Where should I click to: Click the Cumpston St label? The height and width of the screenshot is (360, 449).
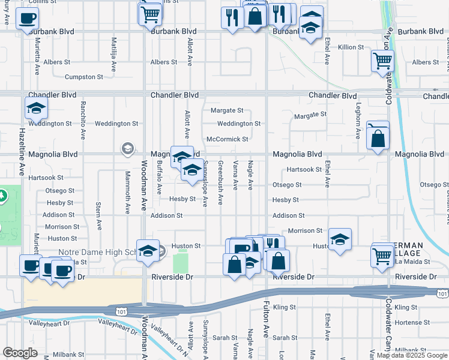[x=84, y=77]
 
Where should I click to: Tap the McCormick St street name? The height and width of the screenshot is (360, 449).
[x=227, y=139]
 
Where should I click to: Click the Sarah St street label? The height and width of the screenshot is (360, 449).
[x=221, y=338]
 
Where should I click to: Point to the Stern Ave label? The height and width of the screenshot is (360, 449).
[x=98, y=216]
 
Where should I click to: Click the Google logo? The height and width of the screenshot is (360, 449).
[x=20, y=353]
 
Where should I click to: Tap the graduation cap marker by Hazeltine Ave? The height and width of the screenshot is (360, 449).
[x=36, y=109]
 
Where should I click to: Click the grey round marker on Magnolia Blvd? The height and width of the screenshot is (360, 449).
[x=127, y=148]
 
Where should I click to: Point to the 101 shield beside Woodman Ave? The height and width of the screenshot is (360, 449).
[x=116, y=310]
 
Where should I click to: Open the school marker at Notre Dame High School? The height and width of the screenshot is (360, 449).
[x=147, y=252]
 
